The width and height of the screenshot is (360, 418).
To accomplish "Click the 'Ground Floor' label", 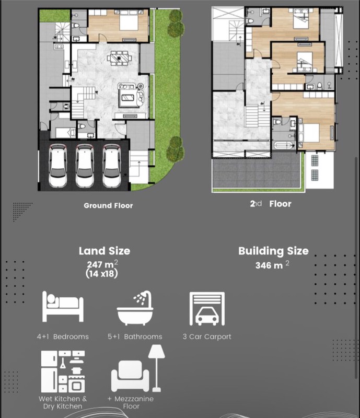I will coord(108,206).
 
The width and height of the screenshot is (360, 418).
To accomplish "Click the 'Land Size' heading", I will coord(104,251).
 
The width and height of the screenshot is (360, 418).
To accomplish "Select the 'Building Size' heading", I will coord(273,251).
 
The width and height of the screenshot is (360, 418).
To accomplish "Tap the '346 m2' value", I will coord(272,265).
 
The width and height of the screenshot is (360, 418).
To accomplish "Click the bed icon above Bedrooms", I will coord(62,308).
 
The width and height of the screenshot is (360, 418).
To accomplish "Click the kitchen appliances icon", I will coord(63,371).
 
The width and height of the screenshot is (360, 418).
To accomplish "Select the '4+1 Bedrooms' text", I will coord(63,336).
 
